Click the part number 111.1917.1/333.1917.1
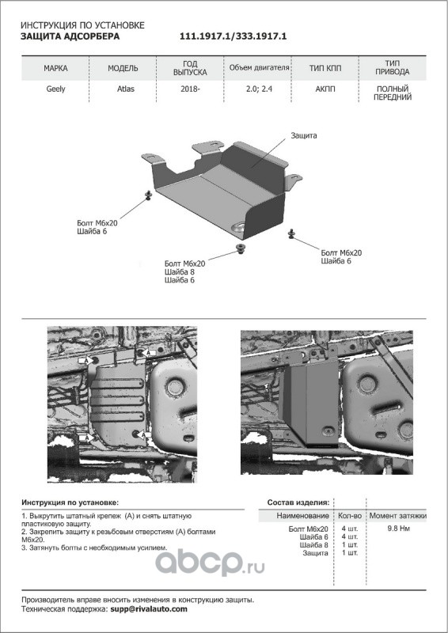point(233,36)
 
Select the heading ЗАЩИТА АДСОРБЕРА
point(70,36)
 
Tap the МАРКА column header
point(55,68)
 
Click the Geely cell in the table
point(55,89)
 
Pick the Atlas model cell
point(126,89)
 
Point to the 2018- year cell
point(190,89)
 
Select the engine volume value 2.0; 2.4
point(260,89)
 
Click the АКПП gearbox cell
point(325,89)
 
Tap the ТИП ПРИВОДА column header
point(393,68)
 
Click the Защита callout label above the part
point(304,135)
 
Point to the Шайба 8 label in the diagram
point(180,271)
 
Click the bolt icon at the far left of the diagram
point(148,195)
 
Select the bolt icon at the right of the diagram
point(290,233)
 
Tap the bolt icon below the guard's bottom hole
point(241,248)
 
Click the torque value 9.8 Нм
point(398,529)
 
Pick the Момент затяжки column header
point(398,516)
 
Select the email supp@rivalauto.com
point(149,609)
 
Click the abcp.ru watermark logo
point(210,563)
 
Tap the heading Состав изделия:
point(298,502)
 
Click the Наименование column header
point(302,516)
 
